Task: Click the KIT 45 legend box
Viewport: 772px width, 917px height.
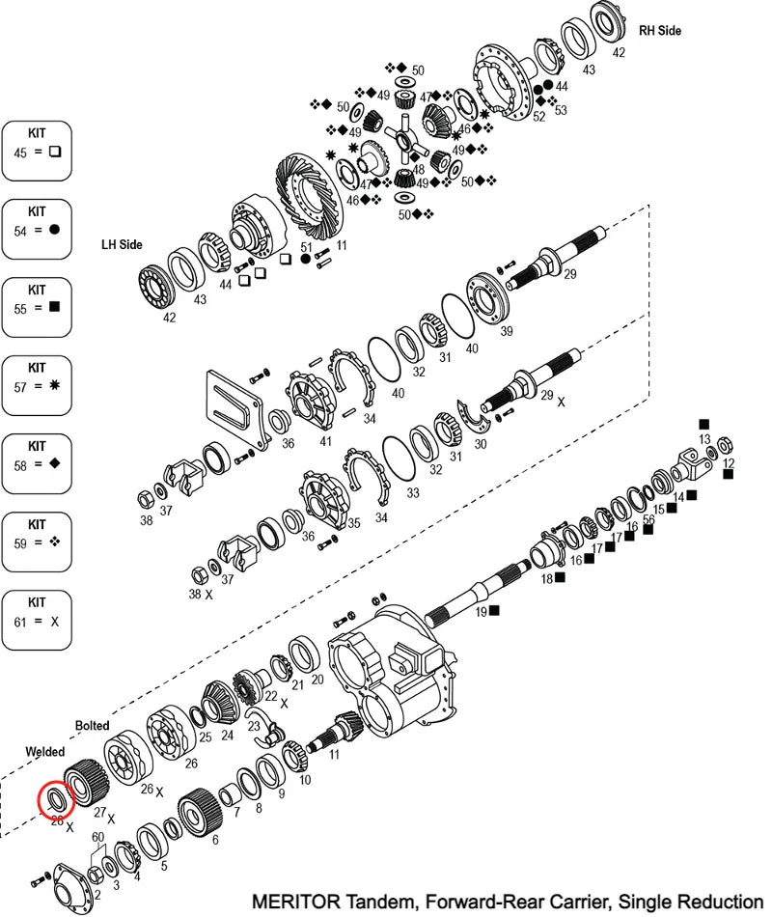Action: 37,151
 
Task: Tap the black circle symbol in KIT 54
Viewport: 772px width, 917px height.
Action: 55,230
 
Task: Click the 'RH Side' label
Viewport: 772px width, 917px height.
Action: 659,31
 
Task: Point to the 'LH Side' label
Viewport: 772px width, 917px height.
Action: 122,245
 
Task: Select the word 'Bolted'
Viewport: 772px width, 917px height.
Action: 93,725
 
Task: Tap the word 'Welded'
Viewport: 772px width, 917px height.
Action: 45,751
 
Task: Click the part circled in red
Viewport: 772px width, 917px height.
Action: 52,798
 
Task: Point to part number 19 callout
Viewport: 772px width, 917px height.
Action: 482,611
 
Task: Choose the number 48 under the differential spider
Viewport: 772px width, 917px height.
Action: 419,169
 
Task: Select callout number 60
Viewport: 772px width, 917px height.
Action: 97,837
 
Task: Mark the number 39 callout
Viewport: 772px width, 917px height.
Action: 507,332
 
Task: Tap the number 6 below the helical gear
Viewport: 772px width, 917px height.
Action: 214,840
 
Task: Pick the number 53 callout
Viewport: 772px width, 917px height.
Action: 561,111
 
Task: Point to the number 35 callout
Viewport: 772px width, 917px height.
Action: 353,523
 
